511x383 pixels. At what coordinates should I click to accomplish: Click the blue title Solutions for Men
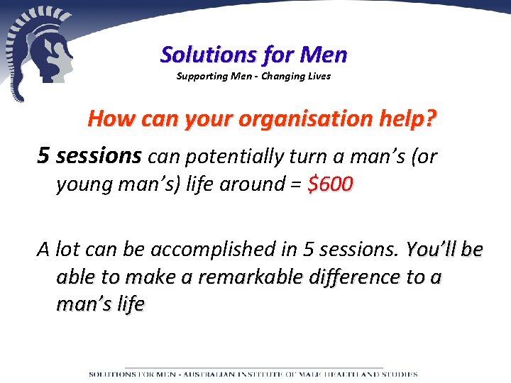click(x=254, y=54)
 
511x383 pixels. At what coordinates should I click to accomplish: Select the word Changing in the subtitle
click(x=283, y=76)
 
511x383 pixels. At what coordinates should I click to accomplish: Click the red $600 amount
click(x=330, y=184)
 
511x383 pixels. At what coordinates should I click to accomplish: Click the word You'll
click(x=431, y=249)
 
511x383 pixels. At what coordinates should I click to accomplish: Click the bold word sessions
click(x=99, y=156)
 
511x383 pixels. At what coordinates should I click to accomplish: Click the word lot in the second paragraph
click(x=66, y=250)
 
